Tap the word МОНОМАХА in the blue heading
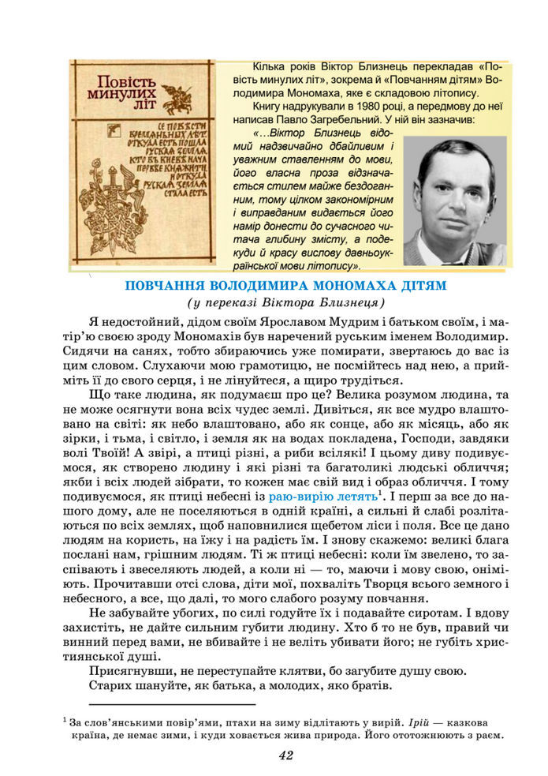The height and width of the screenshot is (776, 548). (355, 285)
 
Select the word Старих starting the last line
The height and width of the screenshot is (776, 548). (110, 687)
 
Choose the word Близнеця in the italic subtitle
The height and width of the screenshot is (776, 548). (352, 303)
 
